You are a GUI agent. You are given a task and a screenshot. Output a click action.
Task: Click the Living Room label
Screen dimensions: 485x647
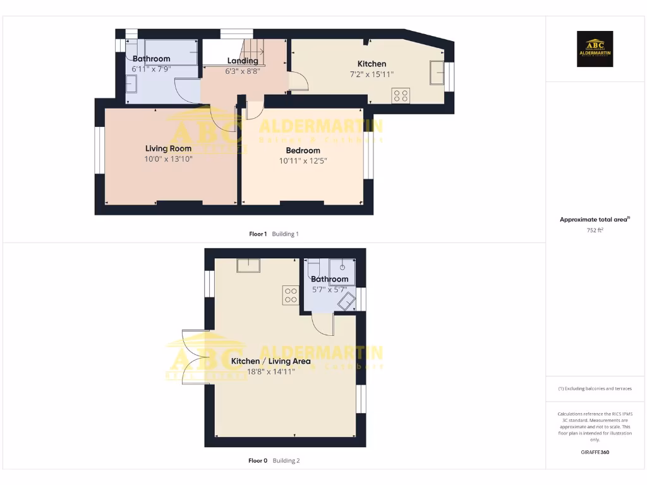pos(168,149)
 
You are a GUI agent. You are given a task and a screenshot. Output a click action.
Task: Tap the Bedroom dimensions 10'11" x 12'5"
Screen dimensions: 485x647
pos(303,161)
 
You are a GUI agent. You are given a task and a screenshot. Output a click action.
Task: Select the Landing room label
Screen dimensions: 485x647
pos(243,61)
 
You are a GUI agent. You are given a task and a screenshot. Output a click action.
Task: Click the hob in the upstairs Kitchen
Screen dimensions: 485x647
pos(401,96)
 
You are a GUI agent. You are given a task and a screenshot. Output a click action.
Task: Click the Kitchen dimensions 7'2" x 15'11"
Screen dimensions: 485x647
pos(372,75)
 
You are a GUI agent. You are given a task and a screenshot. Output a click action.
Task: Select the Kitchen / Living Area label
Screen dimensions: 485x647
pos(270,361)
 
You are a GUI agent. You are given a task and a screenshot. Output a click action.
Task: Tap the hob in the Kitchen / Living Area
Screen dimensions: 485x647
pos(291,294)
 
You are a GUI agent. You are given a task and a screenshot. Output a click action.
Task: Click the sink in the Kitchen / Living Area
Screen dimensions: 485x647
pos(248,265)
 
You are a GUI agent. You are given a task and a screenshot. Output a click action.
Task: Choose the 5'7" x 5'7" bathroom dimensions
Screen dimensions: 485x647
pos(329,289)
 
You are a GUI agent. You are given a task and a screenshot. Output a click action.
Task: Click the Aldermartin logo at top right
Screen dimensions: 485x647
pos(595,49)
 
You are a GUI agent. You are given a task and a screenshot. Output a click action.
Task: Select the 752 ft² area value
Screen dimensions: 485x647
pos(595,231)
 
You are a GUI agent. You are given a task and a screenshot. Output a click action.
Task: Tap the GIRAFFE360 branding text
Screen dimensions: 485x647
pos(595,452)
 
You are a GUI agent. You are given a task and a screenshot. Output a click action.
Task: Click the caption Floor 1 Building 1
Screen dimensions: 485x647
pos(274,234)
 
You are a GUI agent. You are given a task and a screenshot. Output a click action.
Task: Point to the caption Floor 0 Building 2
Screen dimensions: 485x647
pos(274,460)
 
